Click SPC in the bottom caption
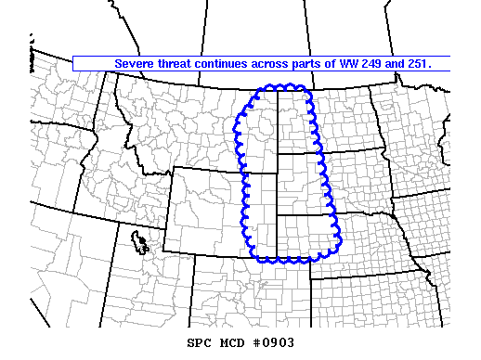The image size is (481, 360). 199,342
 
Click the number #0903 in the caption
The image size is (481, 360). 274,342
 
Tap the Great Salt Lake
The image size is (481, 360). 141,243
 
